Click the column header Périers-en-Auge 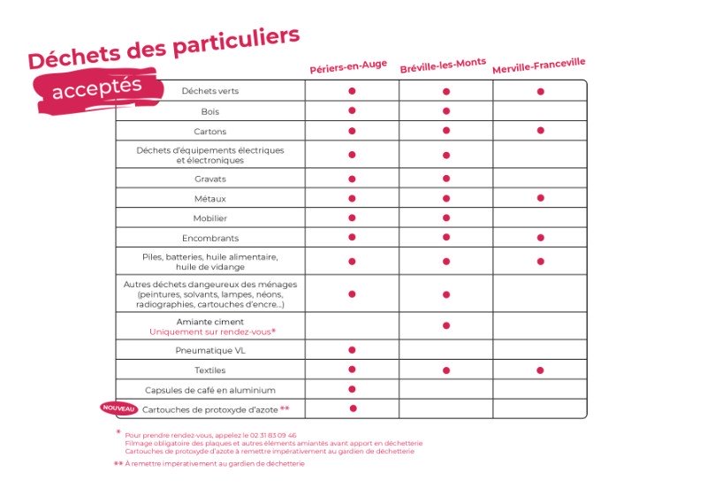348,67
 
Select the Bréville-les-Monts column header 443,65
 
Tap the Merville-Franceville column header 538,65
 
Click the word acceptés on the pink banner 97,88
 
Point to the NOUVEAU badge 119,408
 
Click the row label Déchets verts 210,91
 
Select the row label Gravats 210,179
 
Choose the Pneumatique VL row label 210,351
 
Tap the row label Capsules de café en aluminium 210,390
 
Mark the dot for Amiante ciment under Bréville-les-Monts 446,325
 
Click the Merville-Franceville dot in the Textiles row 540,370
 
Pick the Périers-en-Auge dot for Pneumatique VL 352,350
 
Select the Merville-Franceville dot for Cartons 540,131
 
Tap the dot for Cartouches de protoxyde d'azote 353,408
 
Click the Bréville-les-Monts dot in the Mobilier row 446,217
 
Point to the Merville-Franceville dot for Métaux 540,198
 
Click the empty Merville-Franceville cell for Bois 540,111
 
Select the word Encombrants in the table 210,239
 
